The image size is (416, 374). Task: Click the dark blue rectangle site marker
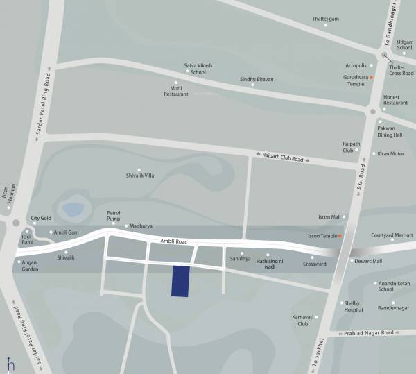[180, 281]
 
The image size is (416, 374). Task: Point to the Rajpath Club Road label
[282, 158]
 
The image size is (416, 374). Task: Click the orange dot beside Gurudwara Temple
[372, 77]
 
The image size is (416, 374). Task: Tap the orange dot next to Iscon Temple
[340, 236]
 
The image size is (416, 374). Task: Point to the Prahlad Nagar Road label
[369, 333]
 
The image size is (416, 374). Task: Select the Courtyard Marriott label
[392, 235]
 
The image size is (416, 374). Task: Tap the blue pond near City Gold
[73, 207]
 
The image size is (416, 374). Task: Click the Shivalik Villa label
[140, 176]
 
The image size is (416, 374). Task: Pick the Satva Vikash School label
[198, 68]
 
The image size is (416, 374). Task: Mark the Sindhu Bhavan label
[257, 80]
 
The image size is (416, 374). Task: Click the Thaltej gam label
[326, 19]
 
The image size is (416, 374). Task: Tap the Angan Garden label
[30, 265]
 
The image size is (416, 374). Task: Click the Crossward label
[314, 264]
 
